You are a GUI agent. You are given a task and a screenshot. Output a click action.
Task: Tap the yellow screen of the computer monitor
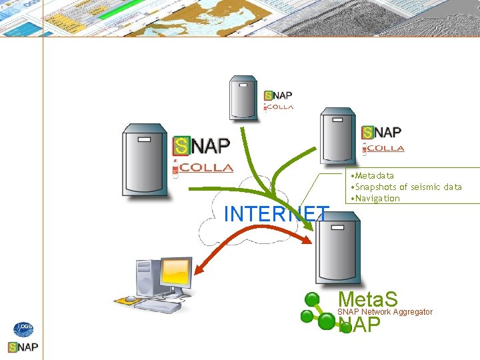point(175,273)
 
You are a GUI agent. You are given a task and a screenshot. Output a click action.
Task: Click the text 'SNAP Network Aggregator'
point(385,312)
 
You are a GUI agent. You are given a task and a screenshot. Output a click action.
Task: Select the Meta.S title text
point(367,299)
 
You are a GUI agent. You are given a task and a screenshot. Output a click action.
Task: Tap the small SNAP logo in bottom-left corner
point(23,347)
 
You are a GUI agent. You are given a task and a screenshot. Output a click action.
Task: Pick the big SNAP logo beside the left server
point(202,145)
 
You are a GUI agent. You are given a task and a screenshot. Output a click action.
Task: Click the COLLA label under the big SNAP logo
point(203,168)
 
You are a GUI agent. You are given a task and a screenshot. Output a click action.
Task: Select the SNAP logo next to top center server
point(279,96)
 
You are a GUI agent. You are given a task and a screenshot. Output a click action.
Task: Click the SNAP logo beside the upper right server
point(382,133)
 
